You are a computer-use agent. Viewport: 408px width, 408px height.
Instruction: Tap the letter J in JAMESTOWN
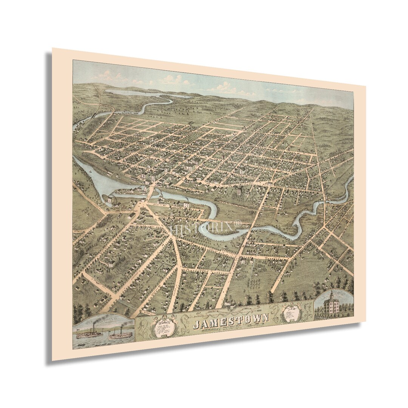pyautogui.click(x=198, y=325)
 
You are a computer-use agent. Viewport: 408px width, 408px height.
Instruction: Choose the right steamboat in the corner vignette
pyautogui.click(x=121, y=334)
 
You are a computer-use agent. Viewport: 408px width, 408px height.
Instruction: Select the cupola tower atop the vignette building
pyautogui.click(x=332, y=294)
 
